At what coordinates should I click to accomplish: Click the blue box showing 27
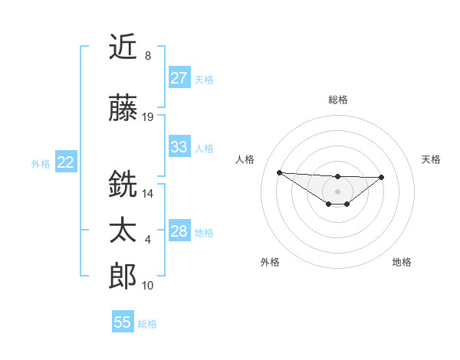click(x=179, y=78)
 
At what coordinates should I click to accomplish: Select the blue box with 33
click(x=179, y=147)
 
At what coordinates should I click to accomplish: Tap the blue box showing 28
click(x=179, y=231)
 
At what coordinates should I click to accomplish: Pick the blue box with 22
click(x=65, y=162)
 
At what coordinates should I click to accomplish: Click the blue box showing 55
click(x=123, y=322)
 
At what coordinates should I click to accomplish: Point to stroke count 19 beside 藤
click(x=148, y=117)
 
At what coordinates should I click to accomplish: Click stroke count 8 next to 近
click(x=148, y=56)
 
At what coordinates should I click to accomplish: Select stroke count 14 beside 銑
click(x=148, y=194)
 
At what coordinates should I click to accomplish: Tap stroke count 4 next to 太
click(x=148, y=240)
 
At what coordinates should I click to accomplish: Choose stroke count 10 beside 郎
click(x=148, y=286)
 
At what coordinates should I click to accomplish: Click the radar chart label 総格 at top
click(x=337, y=100)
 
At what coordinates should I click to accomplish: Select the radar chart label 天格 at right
click(x=431, y=159)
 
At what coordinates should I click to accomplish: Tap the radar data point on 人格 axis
click(x=279, y=172)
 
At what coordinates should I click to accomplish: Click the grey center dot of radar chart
click(x=337, y=191)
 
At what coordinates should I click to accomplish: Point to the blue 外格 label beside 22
click(x=41, y=163)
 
